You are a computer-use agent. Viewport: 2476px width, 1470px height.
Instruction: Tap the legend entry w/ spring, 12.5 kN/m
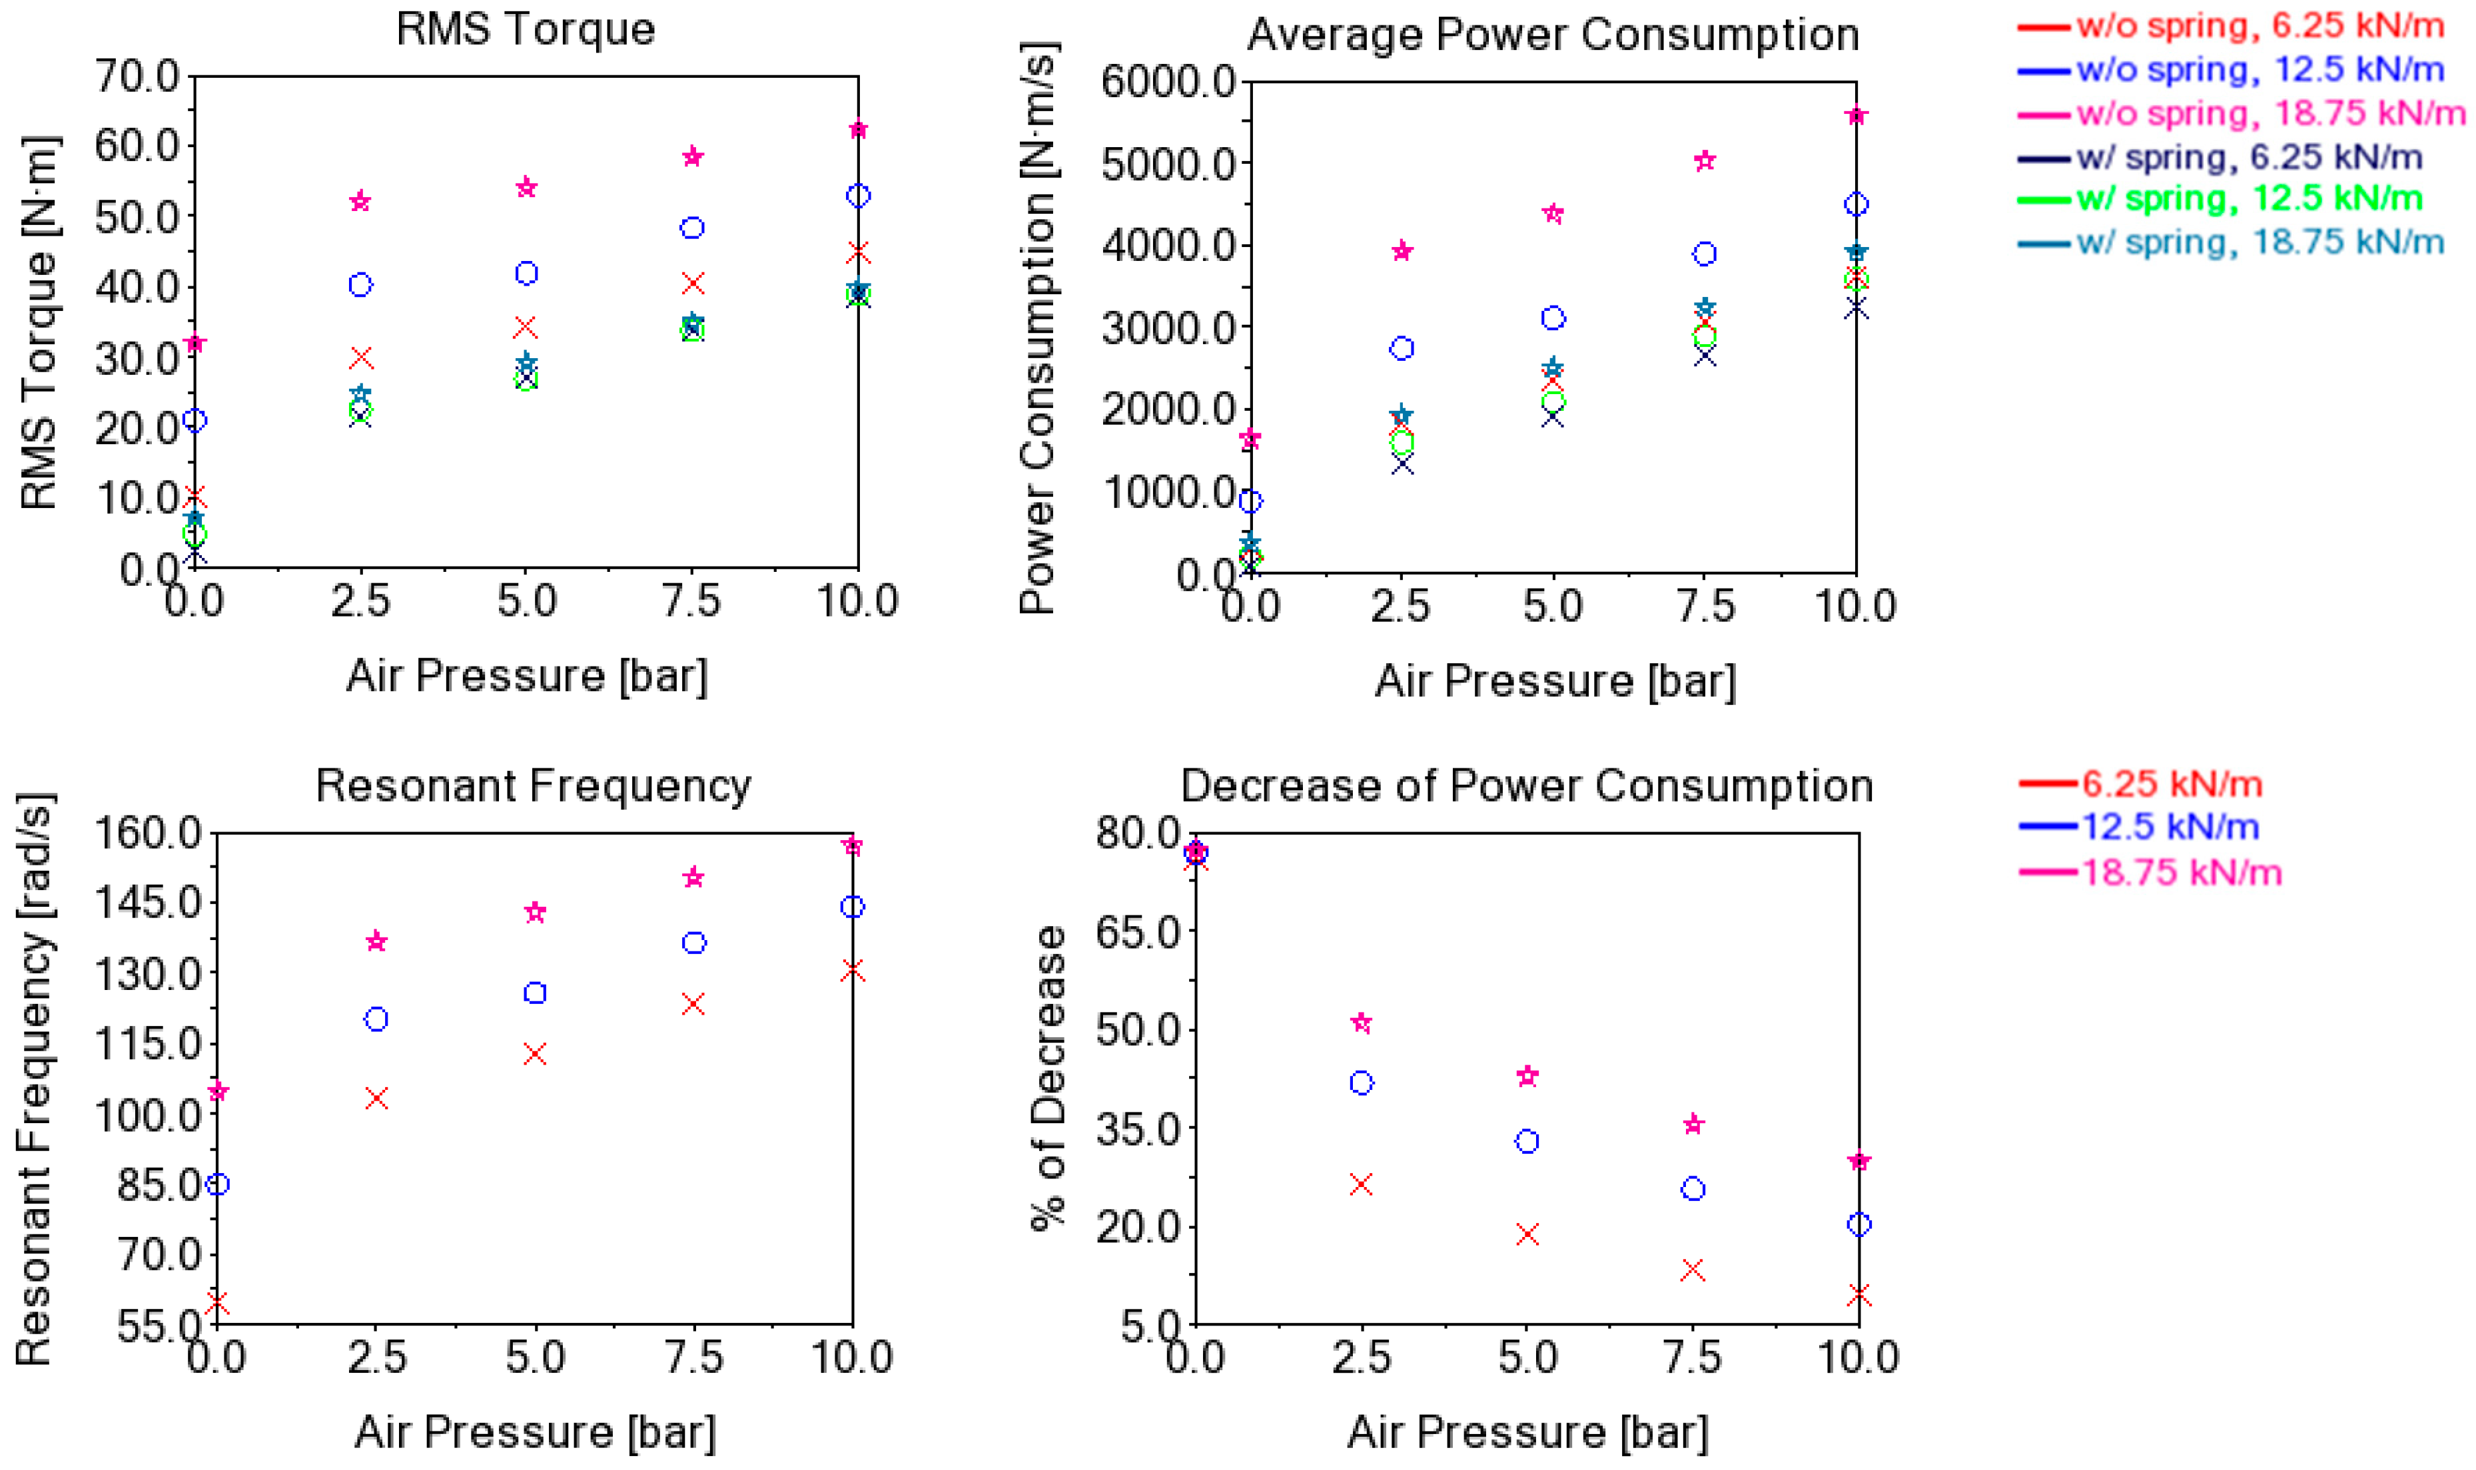pos(2249,198)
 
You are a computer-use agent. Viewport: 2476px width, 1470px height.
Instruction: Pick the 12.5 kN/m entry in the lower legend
pos(2170,826)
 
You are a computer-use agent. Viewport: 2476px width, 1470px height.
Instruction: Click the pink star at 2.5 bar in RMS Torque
pos(360,201)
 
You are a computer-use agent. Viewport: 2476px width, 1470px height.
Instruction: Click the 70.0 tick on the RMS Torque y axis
pos(137,77)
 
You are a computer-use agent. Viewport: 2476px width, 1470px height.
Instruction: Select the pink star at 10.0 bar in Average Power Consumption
pos(1856,115)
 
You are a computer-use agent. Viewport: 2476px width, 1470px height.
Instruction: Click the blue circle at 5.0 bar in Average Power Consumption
pos(1553,318)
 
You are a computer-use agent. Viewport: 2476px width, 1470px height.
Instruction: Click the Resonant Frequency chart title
pos(533,786)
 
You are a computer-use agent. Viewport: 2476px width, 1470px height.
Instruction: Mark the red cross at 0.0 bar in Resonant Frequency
pos(217,1303)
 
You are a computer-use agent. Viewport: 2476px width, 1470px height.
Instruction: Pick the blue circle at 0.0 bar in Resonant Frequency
pos(217,1184)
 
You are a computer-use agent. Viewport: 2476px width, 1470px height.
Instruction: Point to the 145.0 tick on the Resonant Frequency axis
pos(149,902)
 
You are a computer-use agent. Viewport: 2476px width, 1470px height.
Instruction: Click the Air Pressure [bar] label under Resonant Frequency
pos(534,1431)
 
